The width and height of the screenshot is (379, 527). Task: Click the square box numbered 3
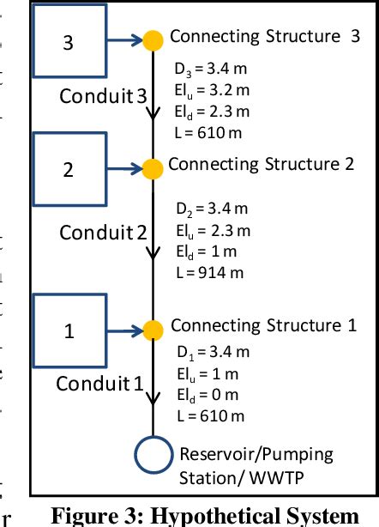coord(68,40)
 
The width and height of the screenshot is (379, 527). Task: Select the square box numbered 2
coord(68,168)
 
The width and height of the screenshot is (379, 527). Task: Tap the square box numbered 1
coord(68,328)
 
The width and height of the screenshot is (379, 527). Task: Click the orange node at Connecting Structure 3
coord(153,39)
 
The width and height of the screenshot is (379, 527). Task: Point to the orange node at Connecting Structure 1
coord(153,329)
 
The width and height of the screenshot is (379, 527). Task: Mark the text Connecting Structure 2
coord(261,164)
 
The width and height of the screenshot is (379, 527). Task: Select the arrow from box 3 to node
coord(123,39)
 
